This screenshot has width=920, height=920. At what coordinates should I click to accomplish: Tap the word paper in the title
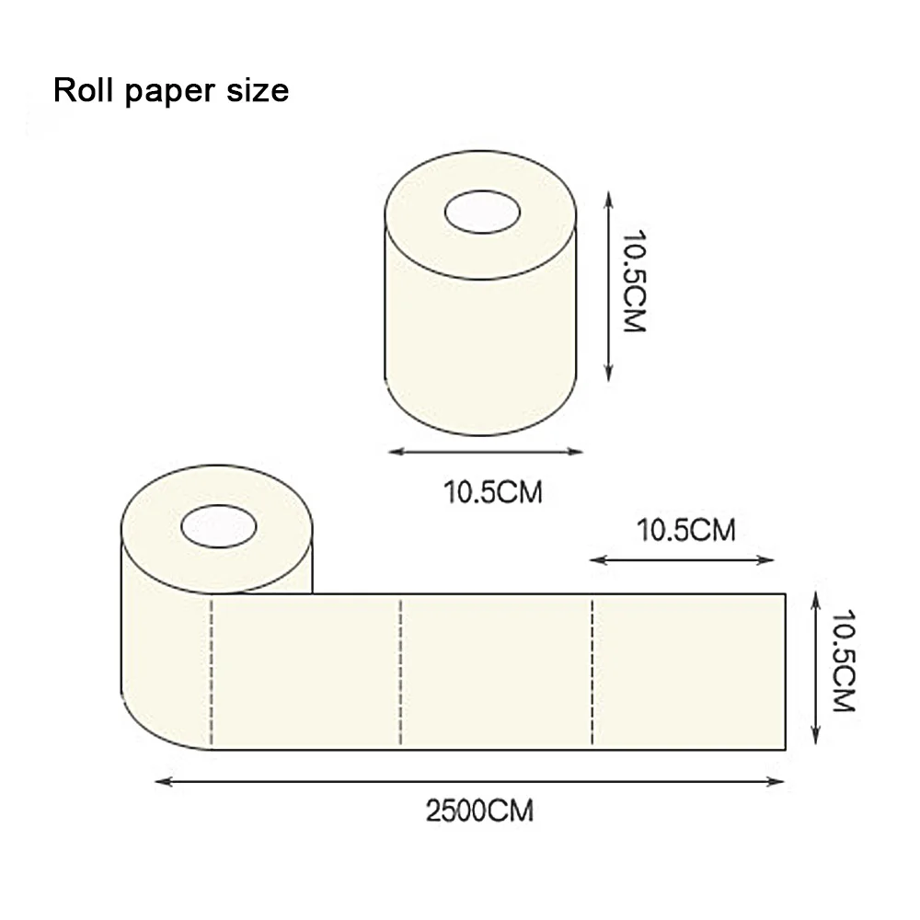click(x=169, y=92)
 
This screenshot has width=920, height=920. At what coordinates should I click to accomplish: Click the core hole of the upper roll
click(x=482, y=212)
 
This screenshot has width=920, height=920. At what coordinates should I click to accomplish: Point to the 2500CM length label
click(x=478, y=811)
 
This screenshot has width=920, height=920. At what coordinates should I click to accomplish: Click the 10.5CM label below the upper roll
click(x=493, y=492)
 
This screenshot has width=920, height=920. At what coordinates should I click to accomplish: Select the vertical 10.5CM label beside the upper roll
click(x=633, y=283)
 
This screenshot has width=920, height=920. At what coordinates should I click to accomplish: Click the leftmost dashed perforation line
click(x=213, y=672)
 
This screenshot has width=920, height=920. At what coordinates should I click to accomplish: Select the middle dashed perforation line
click(x=401, y=672)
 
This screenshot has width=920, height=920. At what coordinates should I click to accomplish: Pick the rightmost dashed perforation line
click(x=591, y=672)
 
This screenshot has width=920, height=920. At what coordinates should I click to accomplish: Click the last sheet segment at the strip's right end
click(x=688, y=672)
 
